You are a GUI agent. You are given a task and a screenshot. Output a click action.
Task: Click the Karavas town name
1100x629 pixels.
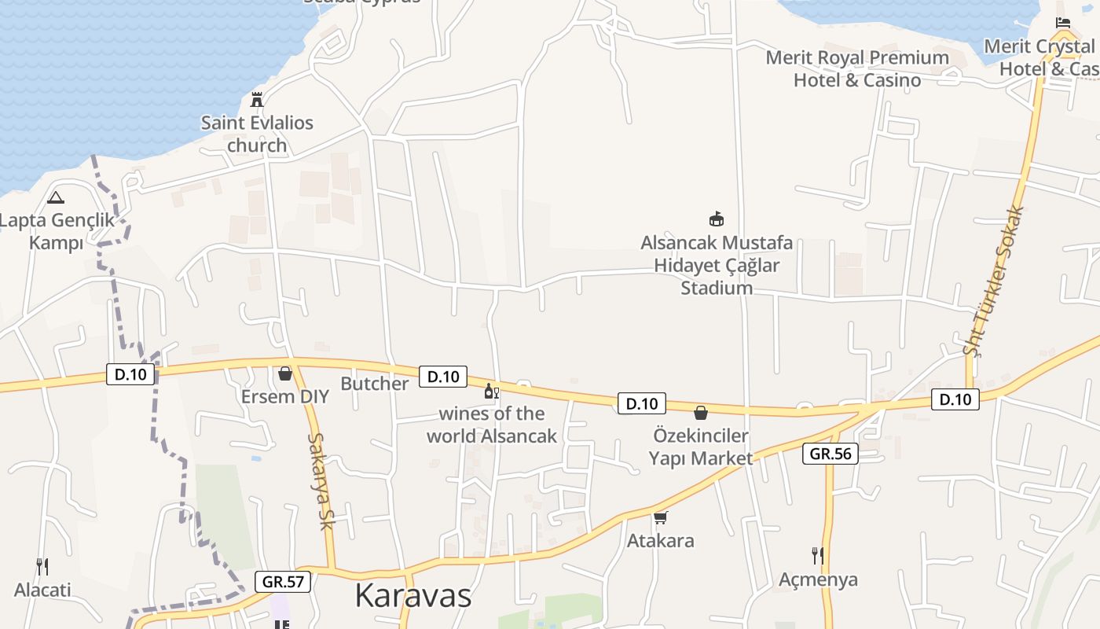pyautogui.click(x=412, y=595)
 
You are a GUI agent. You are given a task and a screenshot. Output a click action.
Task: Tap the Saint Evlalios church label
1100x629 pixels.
pyautogui.click(x=257, y=134)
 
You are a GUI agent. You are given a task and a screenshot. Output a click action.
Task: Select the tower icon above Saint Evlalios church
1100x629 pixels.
pyautogui.click(x=256, y=99)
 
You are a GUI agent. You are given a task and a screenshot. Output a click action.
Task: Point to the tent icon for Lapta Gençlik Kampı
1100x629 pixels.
pyautogui.click(x=56, y=197)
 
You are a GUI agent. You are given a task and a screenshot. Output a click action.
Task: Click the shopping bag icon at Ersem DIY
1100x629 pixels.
pyautogui.click(x=285, y=373)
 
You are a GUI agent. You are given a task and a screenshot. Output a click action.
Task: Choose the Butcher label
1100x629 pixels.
pyautogui.click(x=375, y=384)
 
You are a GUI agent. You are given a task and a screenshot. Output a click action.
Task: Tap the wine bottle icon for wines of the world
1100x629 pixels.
pyautogui.click(x=491, y=391)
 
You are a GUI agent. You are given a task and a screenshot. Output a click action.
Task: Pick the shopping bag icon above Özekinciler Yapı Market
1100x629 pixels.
pyautogui.click(x=701, y=413)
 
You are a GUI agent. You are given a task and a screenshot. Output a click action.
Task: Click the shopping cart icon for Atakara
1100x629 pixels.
pyautogui.click(x=661, y=517)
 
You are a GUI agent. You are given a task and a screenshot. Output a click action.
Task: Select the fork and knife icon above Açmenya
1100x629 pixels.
pyautogui.click(x=818, y=556)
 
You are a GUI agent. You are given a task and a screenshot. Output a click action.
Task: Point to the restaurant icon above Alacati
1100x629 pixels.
pyautogui.click(x=42, y=566)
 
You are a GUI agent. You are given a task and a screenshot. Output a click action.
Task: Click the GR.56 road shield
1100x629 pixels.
pyautogui.click(x=830, y=454)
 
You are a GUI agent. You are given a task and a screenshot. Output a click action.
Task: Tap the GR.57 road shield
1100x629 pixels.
pyautogui.click(x=283, y=582)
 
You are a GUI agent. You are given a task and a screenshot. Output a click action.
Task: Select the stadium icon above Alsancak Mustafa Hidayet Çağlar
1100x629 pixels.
pyautogui.click(x=717, y=219)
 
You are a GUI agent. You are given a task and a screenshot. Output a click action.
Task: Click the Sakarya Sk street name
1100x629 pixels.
pyautogui.click(x=321, y=481)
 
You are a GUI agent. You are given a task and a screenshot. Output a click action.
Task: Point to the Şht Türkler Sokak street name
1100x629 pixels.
pyautogui.click(x=995, y=281)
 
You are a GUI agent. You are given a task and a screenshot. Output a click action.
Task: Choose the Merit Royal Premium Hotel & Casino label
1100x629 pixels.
pyautogui.click(x=857, y=69)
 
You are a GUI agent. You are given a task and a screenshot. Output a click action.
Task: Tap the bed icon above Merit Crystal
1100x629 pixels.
pyautogui.click(x=1063, y=23)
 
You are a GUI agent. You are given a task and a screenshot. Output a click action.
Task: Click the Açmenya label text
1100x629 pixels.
pyautogui.click(x=818, y=579)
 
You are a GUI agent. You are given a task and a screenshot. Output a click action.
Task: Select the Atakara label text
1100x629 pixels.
pyautogui.click(x=660, y=541)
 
